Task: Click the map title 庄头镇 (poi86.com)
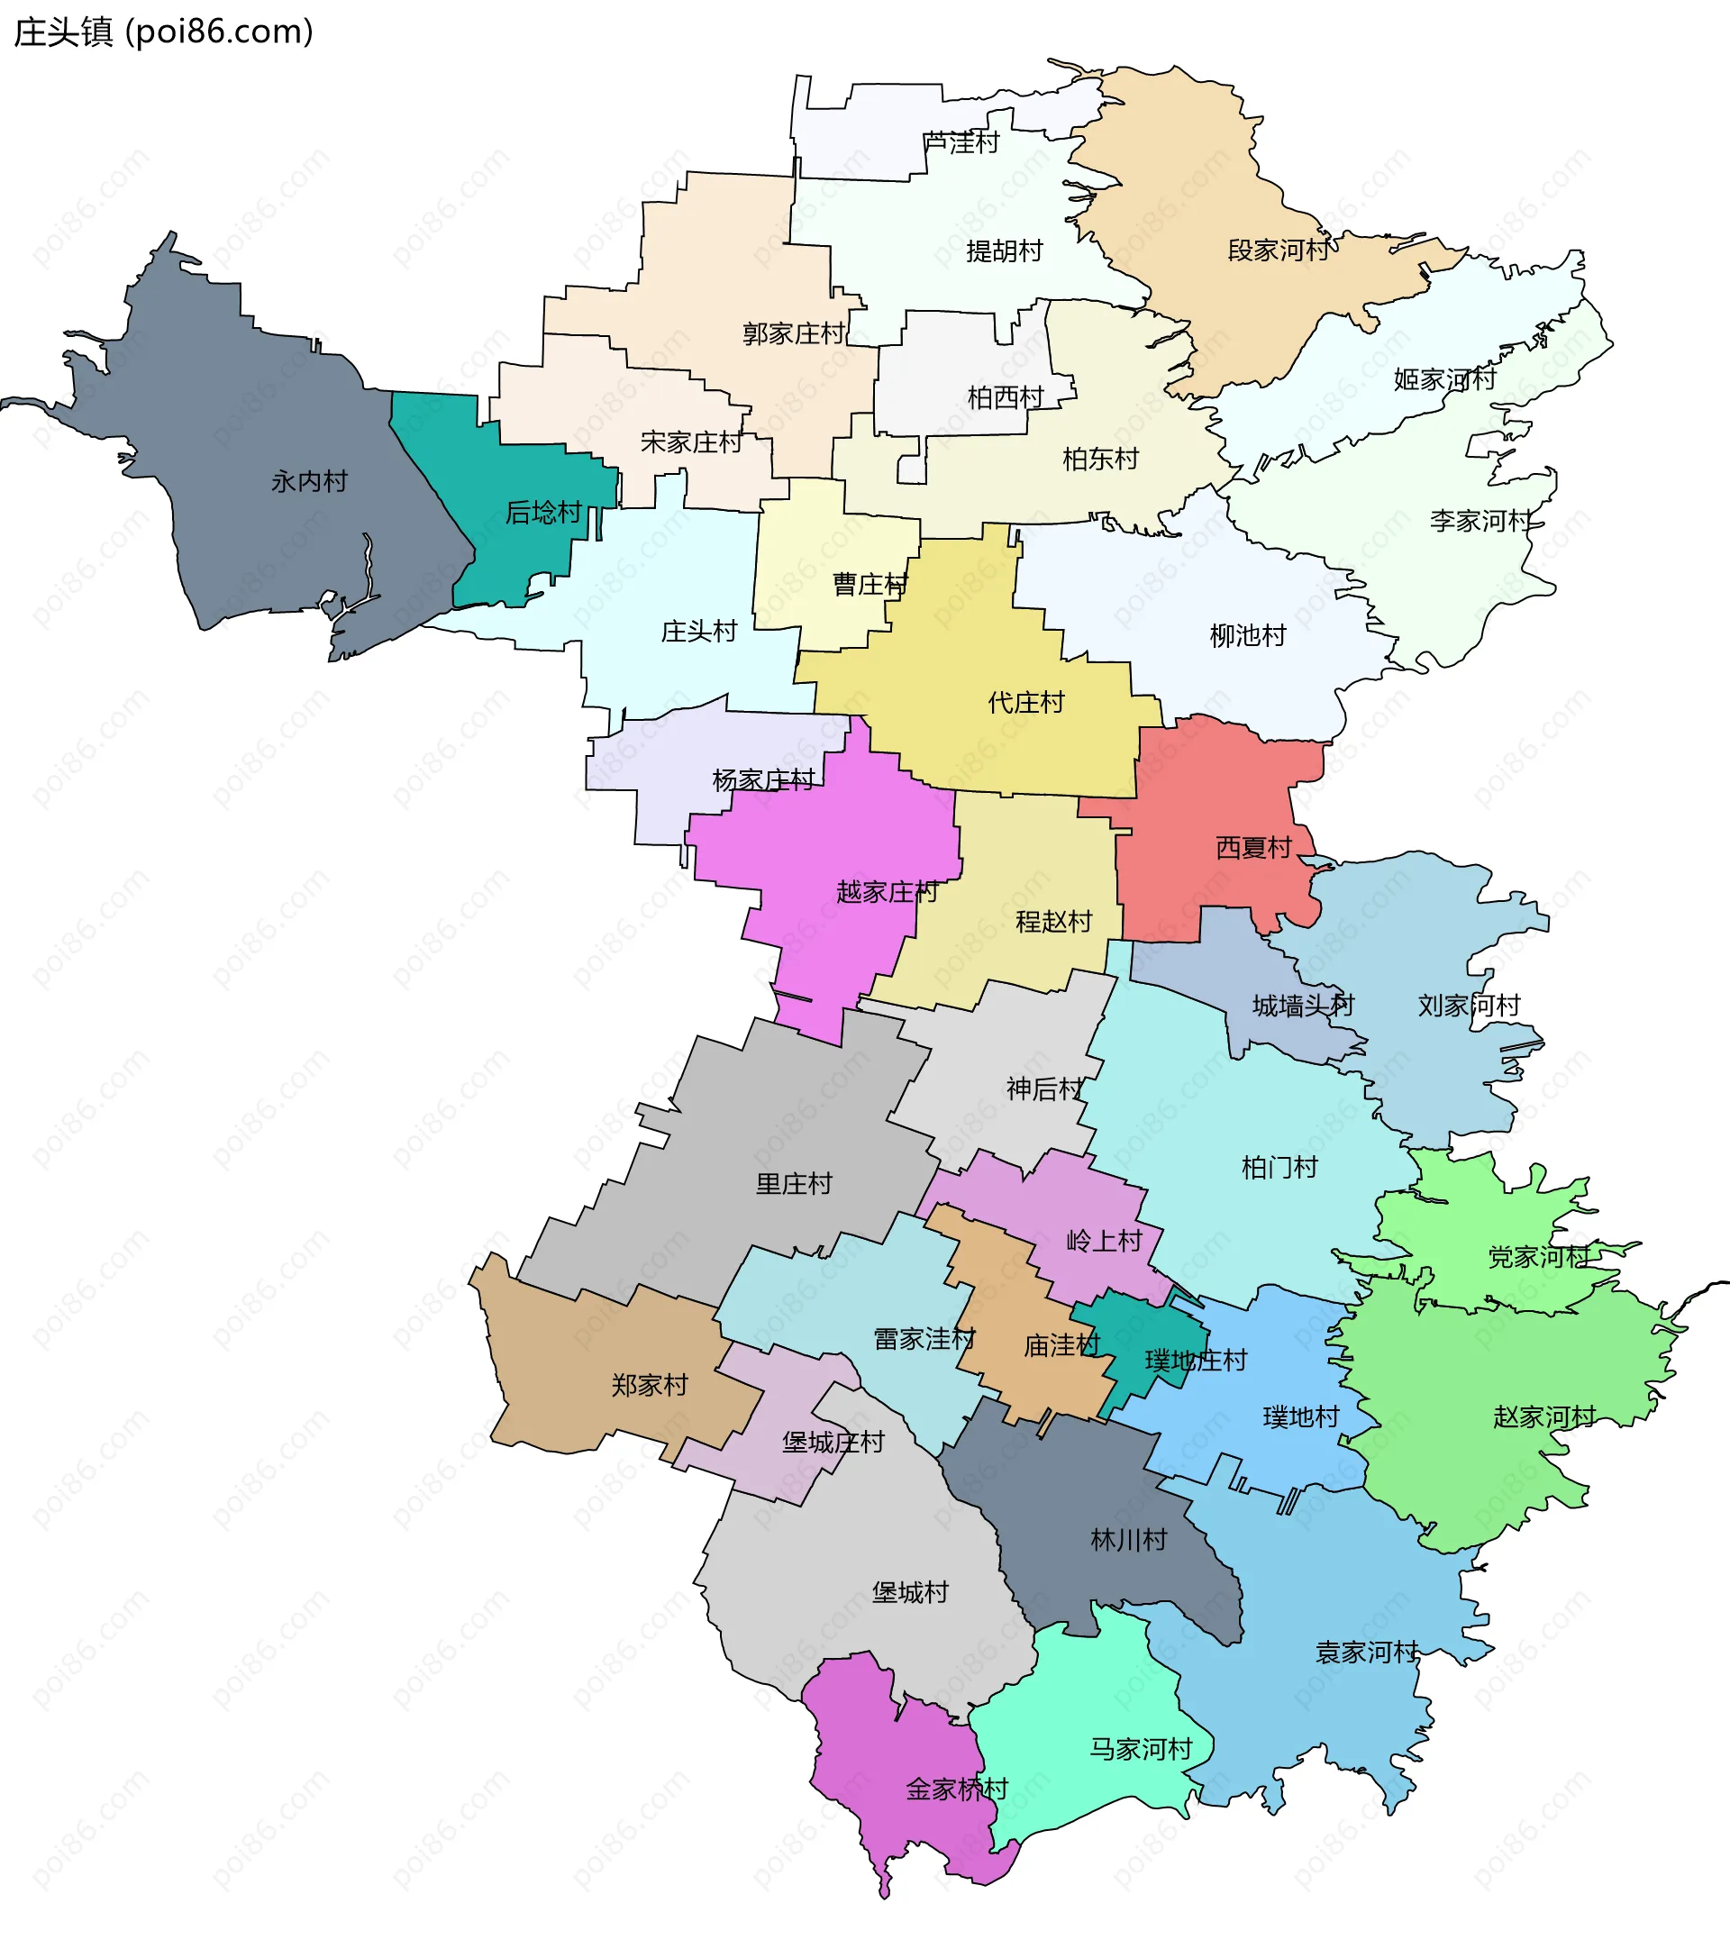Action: [x=163, y=32]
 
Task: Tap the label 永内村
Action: [x=308, y=482]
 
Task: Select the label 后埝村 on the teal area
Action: [x=543, y=514]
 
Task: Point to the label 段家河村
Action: [x=1278, y=251]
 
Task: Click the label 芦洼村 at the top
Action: [x=961, y=142]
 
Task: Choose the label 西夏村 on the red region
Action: [x=1253, y=848]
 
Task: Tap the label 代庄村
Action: [x=1025, y=703]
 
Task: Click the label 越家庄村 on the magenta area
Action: [x=886, y=893]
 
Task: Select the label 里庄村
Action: [x=793, y=1184]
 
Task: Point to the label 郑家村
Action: [x=650, y=1385]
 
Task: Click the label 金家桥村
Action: [x=956, y=1790]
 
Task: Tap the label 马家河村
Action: [x=1140, y=1749]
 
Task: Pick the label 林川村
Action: [x=1128, y=1540]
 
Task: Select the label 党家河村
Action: [x=1538, y=1257]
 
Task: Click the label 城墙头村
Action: [x=1302, y=1006]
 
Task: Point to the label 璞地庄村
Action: [x=1196, y=1361]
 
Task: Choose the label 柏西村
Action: [x=1004, y=397]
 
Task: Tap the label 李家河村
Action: [x=1481, y=521]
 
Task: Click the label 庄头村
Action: [x=698, y=633]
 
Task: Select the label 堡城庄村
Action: [x=833, y=1443]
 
